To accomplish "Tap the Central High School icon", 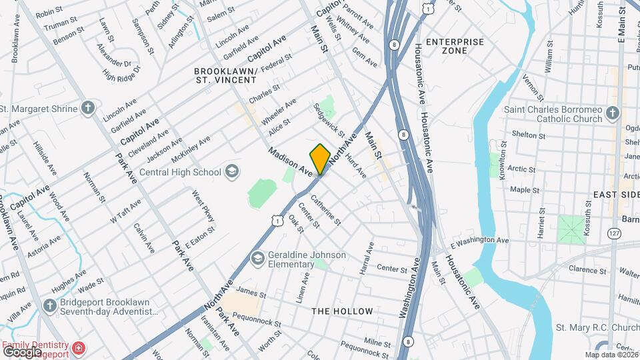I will coord(231,172).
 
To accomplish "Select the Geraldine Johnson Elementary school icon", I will coord(258,258).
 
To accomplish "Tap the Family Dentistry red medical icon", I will coord(79,349).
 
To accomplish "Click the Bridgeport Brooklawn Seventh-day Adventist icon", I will coord(48,307).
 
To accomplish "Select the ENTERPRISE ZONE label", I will coord(455,46).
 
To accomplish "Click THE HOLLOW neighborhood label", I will coord(343,311).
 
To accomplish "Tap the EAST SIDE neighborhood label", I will coord(612,194).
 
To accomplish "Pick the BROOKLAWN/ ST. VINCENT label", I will coord(225,75).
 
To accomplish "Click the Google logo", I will coord(21,351).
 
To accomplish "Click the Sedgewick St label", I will coord(329,120).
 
